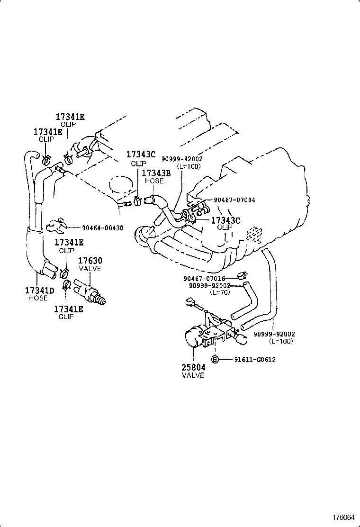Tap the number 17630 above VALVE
[90, 261]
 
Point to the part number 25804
[193, 367]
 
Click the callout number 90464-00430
[99, 228]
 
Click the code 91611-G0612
[255, 359]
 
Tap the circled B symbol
[214, 359]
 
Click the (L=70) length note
[221, 292]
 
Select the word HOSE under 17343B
[154, 181]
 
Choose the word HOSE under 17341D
[38, 298]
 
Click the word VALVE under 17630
[90, 269]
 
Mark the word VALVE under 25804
[193, 375]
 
